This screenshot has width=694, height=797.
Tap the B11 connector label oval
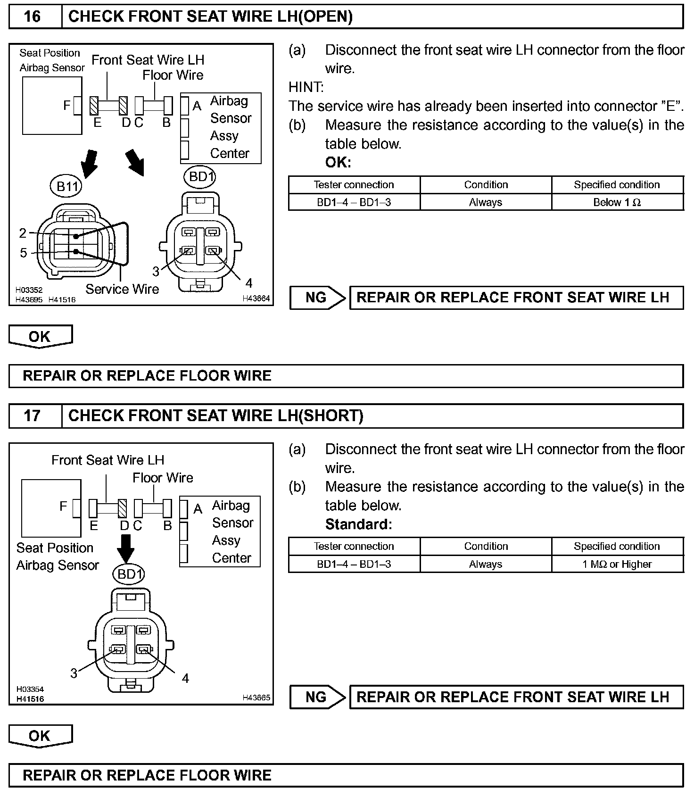66,187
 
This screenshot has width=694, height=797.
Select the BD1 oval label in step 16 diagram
201,177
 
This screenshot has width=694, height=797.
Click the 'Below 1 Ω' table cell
617,202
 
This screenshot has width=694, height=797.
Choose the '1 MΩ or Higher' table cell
617,564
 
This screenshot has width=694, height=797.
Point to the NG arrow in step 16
317,298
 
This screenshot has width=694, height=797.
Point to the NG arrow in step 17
317,697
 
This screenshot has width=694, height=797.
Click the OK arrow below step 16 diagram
40,337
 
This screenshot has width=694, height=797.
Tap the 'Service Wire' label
122,289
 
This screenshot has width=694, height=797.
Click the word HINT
306,87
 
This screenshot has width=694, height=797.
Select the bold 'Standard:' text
358,524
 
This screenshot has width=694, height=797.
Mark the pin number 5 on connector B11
23,253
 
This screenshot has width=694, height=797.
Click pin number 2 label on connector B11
23,233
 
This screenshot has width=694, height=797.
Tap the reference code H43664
256,299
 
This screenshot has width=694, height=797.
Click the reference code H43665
256,697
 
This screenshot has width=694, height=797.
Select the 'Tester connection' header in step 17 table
354,546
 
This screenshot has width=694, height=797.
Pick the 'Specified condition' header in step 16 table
617,184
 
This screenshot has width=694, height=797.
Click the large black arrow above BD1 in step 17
126,548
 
